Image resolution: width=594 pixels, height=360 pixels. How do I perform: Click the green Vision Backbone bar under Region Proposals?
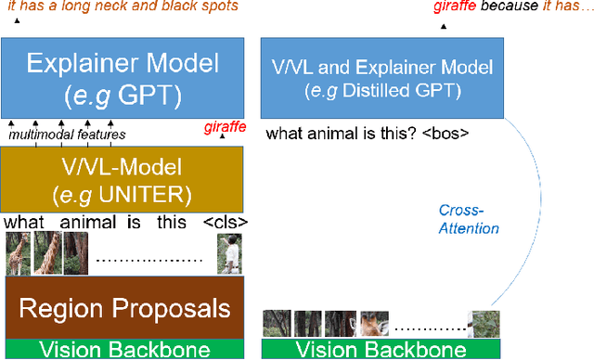point(122,350)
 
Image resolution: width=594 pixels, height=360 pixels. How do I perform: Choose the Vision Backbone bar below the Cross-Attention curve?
point(381,350)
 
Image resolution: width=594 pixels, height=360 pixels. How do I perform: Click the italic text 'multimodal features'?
point(67,135)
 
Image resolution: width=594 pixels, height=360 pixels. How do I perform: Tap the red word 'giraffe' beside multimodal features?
point(225,128)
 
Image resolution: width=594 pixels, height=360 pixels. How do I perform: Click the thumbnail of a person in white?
point(231,253)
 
